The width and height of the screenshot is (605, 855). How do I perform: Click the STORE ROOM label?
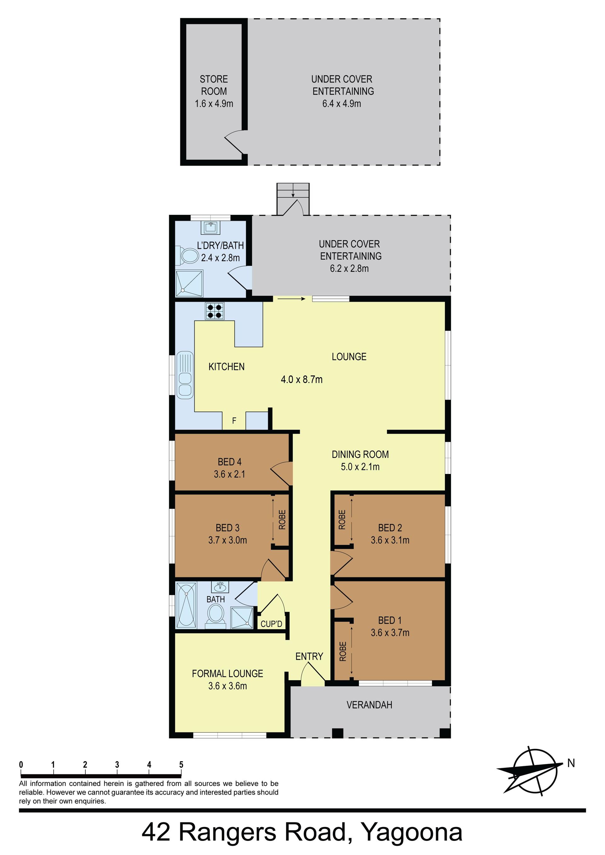point(214,85)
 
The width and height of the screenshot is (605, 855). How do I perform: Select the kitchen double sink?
point(185,375)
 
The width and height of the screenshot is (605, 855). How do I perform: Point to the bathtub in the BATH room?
point(186,605)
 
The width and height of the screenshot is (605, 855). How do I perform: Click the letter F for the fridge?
point(234,421)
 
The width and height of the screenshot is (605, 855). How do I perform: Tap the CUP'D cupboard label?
point(271,624)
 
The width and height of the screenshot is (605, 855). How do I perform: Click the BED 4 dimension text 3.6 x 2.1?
point(229,474)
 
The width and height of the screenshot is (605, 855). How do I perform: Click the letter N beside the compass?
point(571,763)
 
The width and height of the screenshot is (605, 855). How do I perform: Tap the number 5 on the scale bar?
point(181,765)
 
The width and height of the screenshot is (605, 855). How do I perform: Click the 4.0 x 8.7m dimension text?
point(301,379)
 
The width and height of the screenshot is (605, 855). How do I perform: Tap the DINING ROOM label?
point(360,454)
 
